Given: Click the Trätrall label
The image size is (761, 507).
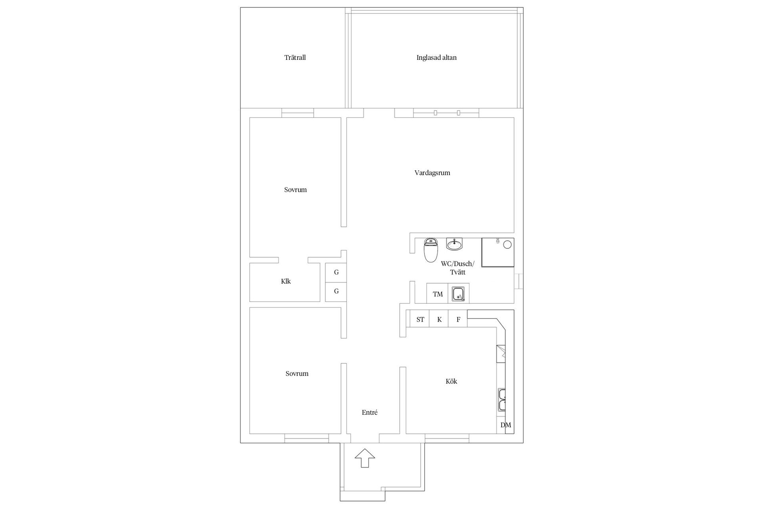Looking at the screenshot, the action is tap(295, 57).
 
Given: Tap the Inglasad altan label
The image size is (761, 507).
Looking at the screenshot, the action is tap(436, 57).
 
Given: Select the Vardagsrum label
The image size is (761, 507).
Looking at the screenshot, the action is tap(432, 173).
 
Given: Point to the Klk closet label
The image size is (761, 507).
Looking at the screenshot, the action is tap(286, 281).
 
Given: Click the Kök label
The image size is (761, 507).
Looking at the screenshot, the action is tap(451, 381).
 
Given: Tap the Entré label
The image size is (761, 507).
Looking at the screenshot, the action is tap(369, 412).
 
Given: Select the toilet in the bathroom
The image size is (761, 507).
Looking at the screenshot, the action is tap(430, 250).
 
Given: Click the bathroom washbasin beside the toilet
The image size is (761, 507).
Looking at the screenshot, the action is tap(454, 244).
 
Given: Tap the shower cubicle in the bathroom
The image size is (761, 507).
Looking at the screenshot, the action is tap(498, 252).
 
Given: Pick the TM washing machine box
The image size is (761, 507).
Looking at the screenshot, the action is tap(438, 294).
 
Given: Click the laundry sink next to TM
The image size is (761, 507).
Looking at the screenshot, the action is tap(459, 294).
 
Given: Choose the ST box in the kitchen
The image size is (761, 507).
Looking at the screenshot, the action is tap(420, 319).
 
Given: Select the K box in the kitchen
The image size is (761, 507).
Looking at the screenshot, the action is tap(439, 319).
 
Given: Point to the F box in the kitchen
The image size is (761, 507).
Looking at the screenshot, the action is tap(458, 319).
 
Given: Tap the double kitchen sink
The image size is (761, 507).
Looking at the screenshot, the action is tap(501, 400).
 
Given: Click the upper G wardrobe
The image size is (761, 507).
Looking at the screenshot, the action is tap(336, 273).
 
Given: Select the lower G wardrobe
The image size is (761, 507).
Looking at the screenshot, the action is tap(336, 292).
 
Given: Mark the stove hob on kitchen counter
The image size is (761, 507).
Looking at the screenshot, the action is tap(501, 353).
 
